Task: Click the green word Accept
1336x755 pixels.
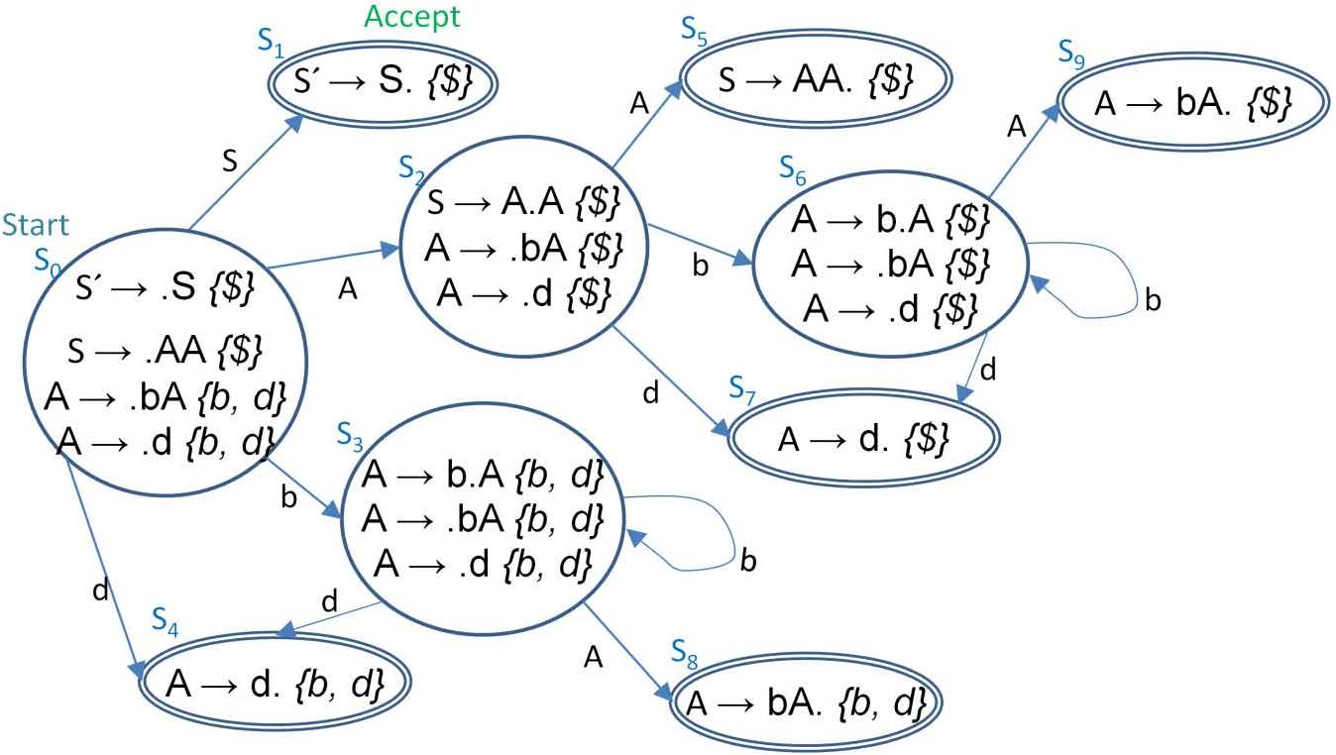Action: point(411,17)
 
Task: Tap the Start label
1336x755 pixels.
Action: point(37,226)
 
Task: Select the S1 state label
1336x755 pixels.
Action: point(271,43)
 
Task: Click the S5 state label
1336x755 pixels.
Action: point(695,29)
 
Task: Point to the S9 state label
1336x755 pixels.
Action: point(1071,51)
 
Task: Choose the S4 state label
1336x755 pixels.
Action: point(166,621)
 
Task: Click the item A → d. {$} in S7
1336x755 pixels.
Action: point(863,438)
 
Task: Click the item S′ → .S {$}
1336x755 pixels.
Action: point(166,290)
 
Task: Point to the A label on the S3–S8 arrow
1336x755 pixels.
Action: point(594,657)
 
